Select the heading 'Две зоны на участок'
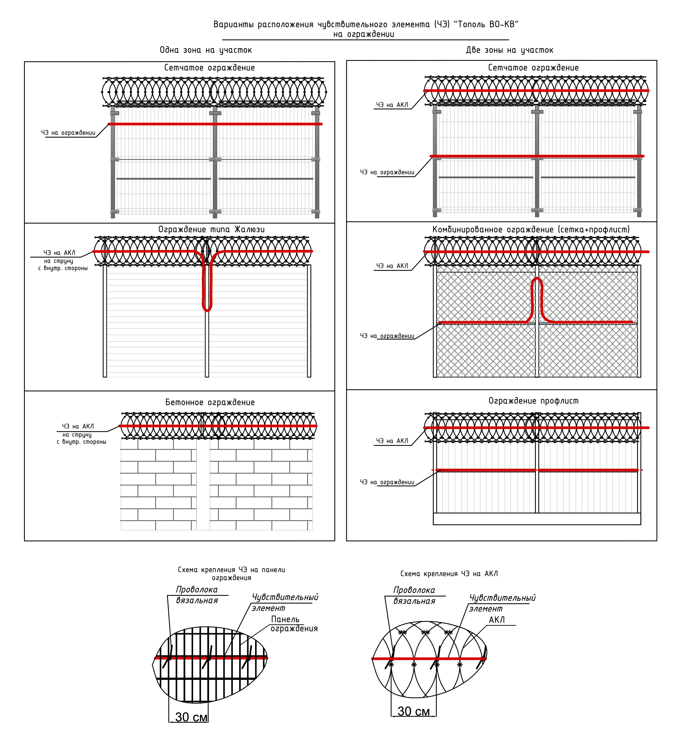click(x=509, y=50)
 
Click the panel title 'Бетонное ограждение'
click(x=210, y=402)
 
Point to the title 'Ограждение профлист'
click(x=534, y=401)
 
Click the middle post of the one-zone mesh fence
click(x=215, y=164)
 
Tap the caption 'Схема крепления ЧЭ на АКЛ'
click(x=449, y=574)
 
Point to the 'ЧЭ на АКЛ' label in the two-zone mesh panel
click(x=392, y=105)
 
